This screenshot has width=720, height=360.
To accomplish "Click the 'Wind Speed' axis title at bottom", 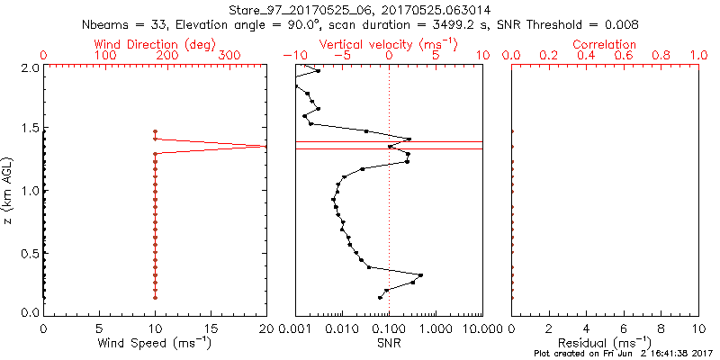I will point(155,344).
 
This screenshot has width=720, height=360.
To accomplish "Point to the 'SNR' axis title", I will point(389,344).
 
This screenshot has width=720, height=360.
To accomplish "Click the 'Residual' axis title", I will point(605,344).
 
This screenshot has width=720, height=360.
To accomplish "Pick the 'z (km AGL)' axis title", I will point(10,190).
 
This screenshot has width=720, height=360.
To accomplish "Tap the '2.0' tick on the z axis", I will point(31,67).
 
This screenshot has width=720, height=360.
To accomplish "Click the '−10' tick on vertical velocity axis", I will point(291,57).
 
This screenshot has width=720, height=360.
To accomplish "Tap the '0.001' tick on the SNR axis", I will point(295,328).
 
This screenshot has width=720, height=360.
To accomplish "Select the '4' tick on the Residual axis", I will point(586,328).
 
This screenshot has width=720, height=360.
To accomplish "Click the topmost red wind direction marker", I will point(155,131).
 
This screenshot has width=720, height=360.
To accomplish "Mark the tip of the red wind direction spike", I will point(265,146).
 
